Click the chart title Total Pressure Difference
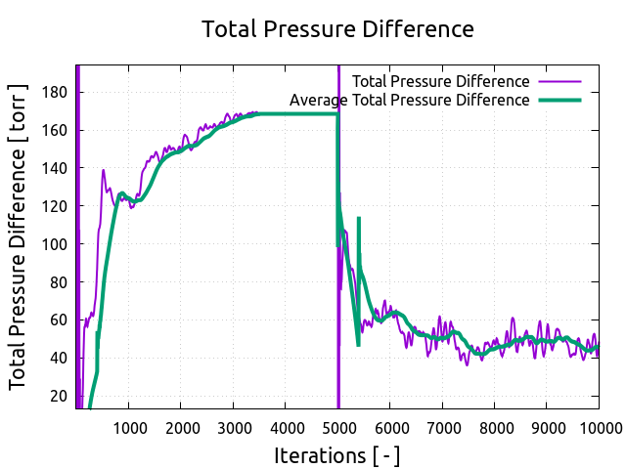pyautogui.click(x=337, y=29)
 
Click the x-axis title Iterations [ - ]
pyautogui.click(x=337, y=455)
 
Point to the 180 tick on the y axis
pyautogui.click(x=55, y=93)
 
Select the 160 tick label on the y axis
pyautogui.click(x=55, y=130)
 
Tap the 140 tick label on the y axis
pyautogui.click(x=55, y=168)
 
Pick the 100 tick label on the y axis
pyautogui.click(x=55, y=244)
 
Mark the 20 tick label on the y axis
pyautogui.click(x=59, y=396)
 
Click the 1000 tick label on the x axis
pyautogui.click(x=129, y=426)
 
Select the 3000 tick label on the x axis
pyautogui.click(x=234, y=426)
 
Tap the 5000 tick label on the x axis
pyautogui.click(x=338, y=426)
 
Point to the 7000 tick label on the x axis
pyautogui.click(x=442, y=426)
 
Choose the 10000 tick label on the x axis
pyautogui.click(x=597, y=426)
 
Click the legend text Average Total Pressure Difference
pyautogui.click(x=410, y=100)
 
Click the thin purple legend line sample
pyautogui.click(x=559, y=81)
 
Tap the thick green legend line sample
pyautogui.click(x=559, y=100)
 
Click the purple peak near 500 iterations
pyautogui.click(x=104, y=171)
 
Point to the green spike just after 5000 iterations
pyautogui.click(x=359, y=219)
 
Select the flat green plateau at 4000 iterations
pyautogui.click(x=286, y=114)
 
